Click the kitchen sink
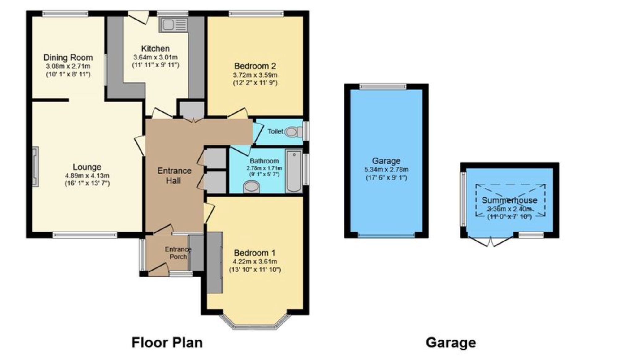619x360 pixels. pos(174,24)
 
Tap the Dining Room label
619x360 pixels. pos(68,58)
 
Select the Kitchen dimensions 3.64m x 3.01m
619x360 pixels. pos(155,57)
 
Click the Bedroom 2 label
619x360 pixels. pos(255,66)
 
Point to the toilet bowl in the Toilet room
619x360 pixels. pos(291,132)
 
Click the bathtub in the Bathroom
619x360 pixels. pos(294,171)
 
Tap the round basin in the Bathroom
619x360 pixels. pos(251,187)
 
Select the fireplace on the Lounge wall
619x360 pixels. pos(36,166)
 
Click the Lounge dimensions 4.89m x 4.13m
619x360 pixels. pos(87,176)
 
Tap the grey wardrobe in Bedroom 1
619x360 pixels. pos(215,262)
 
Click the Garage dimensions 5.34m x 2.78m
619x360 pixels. pos(386,170)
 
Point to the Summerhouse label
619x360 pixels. pos(509,200)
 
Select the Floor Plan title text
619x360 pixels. pos(167,343)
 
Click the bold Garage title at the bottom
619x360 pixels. pos(451,343)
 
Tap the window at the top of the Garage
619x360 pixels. pos(383,87)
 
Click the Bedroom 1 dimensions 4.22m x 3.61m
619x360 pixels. pos(255,262)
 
